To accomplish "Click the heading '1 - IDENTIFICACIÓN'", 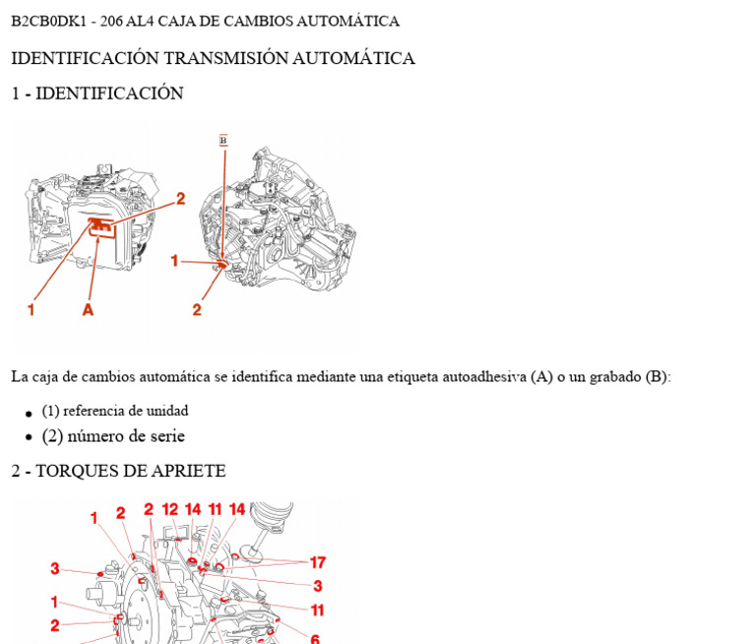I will point(96,94).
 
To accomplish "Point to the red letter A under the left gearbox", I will point(88,309).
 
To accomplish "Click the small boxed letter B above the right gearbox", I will point(223,141).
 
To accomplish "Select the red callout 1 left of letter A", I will point(31,309).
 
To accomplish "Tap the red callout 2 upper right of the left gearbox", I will point(180,198).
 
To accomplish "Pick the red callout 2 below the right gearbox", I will point(197,309).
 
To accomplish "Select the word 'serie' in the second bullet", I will point(164,436).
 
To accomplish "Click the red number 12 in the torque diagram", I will point(170,509).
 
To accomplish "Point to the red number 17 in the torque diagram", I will point(317,562).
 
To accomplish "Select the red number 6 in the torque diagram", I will point(314,639).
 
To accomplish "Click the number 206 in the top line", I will point(112,21).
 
